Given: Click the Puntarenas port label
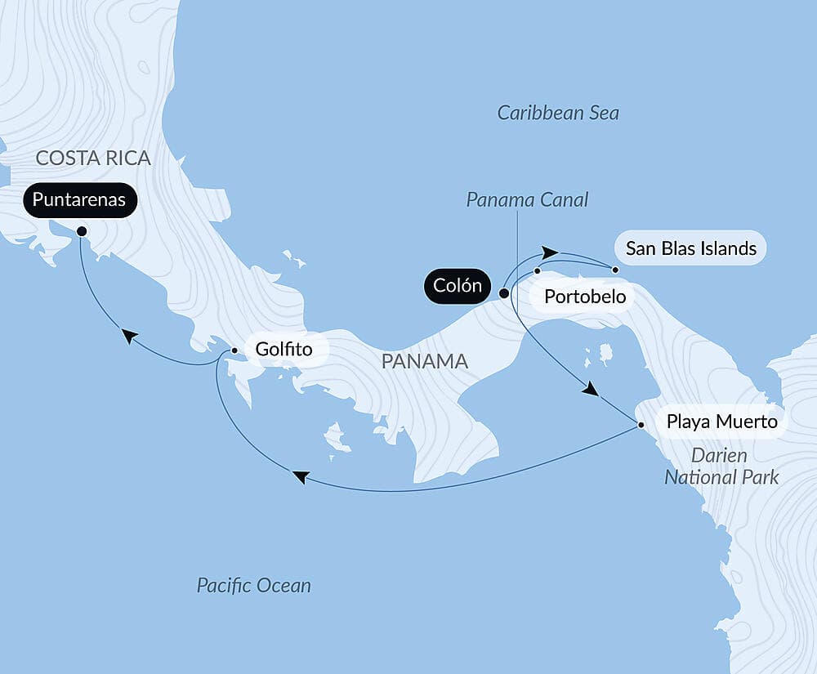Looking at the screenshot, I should [x=80, y=200].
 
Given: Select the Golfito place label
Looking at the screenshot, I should [x=283, y=350].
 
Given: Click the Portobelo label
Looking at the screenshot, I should [x=585, y=296].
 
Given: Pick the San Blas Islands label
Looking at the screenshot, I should [x=691, y=248].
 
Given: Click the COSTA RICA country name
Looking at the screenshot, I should [x=94, y=158].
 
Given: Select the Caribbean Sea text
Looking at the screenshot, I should [x=558, y=113].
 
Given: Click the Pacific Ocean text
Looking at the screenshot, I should [x=253, y=585].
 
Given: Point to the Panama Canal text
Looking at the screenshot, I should [x=527, y=200].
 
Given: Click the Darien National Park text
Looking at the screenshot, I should [x=721, y=466].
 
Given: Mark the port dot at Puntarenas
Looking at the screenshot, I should [x=82, y=231].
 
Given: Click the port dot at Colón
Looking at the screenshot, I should [x=504, y=292].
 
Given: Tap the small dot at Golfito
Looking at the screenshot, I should [x=234, y=350].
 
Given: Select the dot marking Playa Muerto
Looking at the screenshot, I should [x=641, y=425].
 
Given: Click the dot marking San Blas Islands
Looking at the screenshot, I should [x=616, y=269].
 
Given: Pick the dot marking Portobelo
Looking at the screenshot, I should [x=538, y=270].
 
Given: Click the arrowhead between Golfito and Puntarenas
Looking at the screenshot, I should [x=128, y=335].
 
